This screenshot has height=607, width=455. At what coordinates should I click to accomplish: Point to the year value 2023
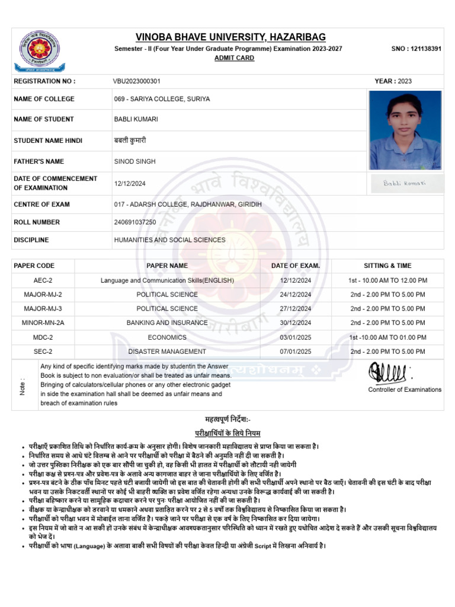coord(405,81)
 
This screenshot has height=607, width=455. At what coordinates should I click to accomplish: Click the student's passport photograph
coord(405,130)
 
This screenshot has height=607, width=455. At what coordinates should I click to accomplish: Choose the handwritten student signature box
coord(405,183)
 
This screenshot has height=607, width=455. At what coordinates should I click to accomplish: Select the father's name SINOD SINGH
coord(135,161)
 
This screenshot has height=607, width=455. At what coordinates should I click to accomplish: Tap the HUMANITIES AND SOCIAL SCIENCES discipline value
coord(169,240)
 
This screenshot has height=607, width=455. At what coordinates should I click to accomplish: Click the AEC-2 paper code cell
coord(43,280)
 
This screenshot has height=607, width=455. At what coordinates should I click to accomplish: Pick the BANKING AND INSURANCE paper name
coord(167,323)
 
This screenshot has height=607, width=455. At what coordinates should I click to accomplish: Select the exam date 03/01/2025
coord(295,337)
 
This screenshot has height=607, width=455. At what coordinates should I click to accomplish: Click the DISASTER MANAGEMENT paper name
coord(167,352)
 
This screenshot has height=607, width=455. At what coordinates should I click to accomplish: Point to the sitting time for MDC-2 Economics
coord(388,337)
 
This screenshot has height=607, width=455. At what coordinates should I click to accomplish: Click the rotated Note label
coord(23,387)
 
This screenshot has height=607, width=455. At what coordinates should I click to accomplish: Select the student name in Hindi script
coord(129,140)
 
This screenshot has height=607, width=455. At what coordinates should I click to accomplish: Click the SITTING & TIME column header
coord(387,266)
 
